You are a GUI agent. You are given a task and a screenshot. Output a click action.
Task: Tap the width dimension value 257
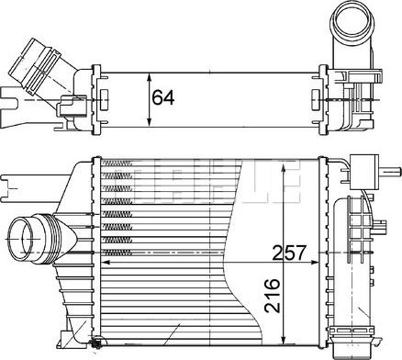click(287, 252)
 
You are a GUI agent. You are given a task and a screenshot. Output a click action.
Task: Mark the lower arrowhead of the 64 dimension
click(151, 122)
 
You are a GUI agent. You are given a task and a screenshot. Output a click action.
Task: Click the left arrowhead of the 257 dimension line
click(103, 264)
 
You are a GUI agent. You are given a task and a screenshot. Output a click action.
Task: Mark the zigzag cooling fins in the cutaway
click(119, 211)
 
